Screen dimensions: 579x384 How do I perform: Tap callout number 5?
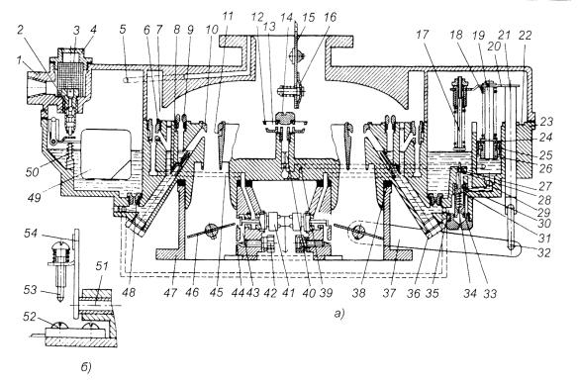tap(123, 30)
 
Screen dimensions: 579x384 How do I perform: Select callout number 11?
tap(228, 17)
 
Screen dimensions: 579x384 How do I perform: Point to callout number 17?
tap(423, 35)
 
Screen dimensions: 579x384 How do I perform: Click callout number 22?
tap(525, 35)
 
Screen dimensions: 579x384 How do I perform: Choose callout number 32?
tap(544, 252)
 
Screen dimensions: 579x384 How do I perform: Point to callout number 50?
tap(32, 171)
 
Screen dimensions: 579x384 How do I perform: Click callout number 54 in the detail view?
tap(31, 234)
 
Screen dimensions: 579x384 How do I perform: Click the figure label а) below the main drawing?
tap(338, 314)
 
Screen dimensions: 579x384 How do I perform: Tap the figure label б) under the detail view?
tap(86, 367)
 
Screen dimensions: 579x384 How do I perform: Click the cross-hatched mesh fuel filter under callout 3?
tap(71, 75)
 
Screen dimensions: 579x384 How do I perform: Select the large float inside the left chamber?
tap(106, 152)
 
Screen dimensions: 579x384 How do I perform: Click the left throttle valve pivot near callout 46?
tap(212, 230)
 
